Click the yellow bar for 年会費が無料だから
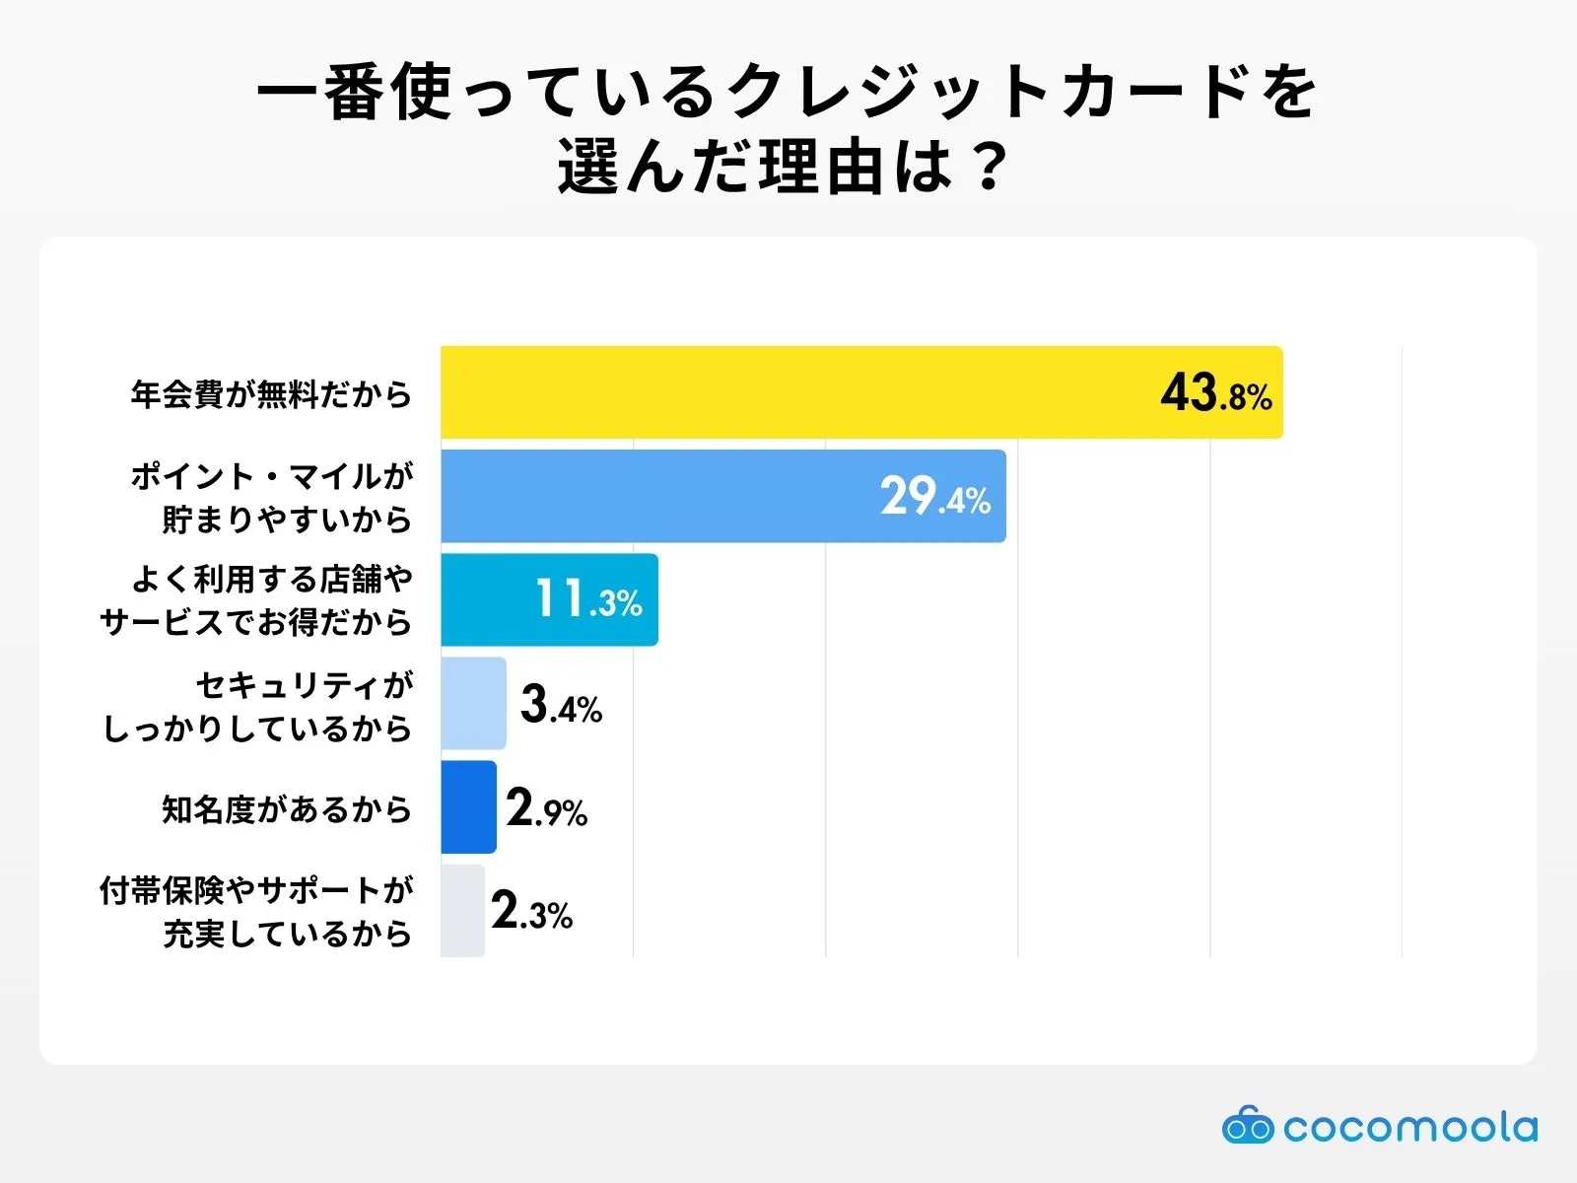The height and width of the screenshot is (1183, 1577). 788,392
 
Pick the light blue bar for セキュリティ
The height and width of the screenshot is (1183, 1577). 473,703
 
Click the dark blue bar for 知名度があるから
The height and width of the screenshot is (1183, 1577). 468,806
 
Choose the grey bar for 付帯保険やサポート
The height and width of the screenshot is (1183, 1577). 462,910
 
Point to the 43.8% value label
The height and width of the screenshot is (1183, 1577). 1215,393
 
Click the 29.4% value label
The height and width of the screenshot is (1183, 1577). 934,497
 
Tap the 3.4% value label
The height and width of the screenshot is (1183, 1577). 561,705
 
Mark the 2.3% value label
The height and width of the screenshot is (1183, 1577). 531,912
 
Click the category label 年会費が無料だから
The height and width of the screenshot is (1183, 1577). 271,394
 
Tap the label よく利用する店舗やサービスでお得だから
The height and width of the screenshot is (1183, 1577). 256,600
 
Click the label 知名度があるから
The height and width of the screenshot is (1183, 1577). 286,809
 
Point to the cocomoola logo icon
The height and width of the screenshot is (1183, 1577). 1247,1126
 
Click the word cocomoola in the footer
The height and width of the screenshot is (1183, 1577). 1409,1127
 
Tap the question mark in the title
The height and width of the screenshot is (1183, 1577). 987,167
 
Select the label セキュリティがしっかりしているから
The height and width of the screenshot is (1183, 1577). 258,706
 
